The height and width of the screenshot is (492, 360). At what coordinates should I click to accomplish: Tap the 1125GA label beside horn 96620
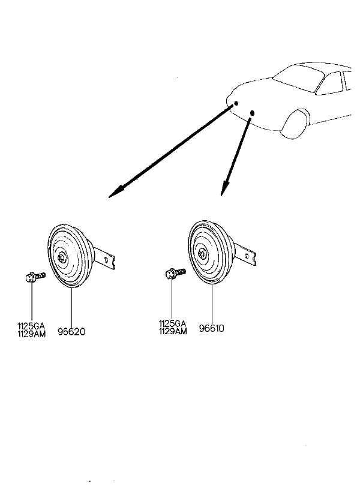coord(31,326)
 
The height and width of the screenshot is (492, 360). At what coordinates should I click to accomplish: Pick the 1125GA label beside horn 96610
coord(172,323)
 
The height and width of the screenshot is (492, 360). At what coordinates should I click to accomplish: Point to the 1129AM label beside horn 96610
coord(172,331)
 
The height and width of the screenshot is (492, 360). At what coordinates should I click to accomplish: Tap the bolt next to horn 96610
coord(173,274)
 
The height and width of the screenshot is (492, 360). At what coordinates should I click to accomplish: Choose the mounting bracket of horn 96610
coord(247,254)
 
